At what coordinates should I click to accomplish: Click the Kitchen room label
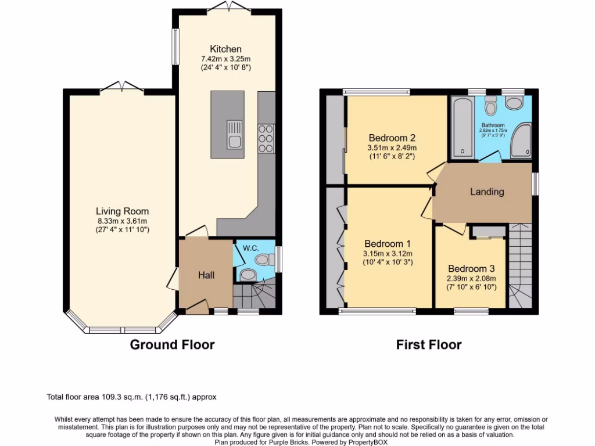coord(225,49)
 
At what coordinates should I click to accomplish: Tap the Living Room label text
coord(122,211)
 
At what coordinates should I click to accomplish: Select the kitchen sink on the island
coord(234,134)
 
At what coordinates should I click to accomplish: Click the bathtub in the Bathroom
coord(463,128)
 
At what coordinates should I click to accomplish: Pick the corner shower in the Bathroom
coord(521,141)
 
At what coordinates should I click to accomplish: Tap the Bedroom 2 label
coord(392,138)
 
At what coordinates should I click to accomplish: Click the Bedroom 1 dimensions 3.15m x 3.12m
coord(388,253)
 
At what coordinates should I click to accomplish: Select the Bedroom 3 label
coord(471,268)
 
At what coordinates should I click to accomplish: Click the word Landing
coord(486,192)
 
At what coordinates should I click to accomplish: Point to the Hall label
coord(206,275)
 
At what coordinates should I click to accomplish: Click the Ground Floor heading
coord(172,344)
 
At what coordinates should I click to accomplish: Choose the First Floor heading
coord(429,344)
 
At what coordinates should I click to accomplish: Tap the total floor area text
coord(131,397)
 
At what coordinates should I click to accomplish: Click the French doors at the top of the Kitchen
coord(227,6)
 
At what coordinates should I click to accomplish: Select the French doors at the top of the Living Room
coord(121,87)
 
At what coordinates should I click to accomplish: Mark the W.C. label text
coord(250,248)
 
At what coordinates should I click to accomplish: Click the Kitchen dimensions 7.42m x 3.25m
coord(225,59)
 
